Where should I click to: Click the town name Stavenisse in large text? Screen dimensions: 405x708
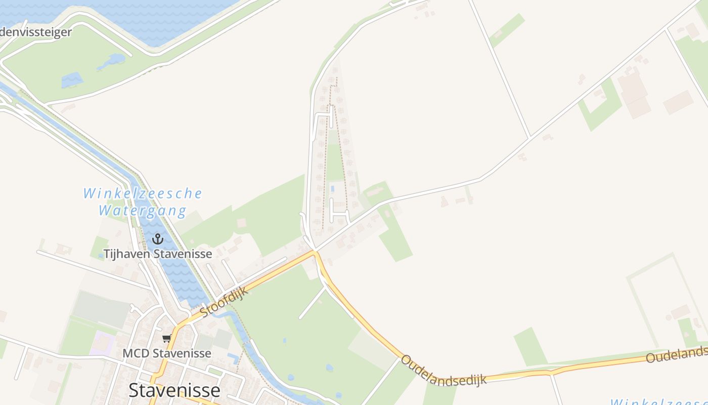coord(174,390)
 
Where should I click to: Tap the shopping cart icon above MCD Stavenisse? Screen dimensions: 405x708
coord(166,339)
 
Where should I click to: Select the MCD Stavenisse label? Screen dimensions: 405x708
coord(167,353)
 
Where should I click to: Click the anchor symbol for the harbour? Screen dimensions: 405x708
coord(158,238)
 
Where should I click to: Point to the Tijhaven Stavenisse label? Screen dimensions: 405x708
coord(158,254)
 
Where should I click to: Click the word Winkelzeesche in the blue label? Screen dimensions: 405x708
coord(143,193)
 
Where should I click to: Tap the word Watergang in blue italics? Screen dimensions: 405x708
coord(143,210)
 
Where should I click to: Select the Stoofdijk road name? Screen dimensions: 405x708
coord(223,303)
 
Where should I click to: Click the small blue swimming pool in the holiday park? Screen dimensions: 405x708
coord(332,189)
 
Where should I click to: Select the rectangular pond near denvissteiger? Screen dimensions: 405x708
coord(72,80)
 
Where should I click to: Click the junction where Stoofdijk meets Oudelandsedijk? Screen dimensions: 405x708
coord(315,251)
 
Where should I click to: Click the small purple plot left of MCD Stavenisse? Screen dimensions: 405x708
coord(103,343)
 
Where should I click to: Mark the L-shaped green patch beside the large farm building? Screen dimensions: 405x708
coord(602,106)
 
